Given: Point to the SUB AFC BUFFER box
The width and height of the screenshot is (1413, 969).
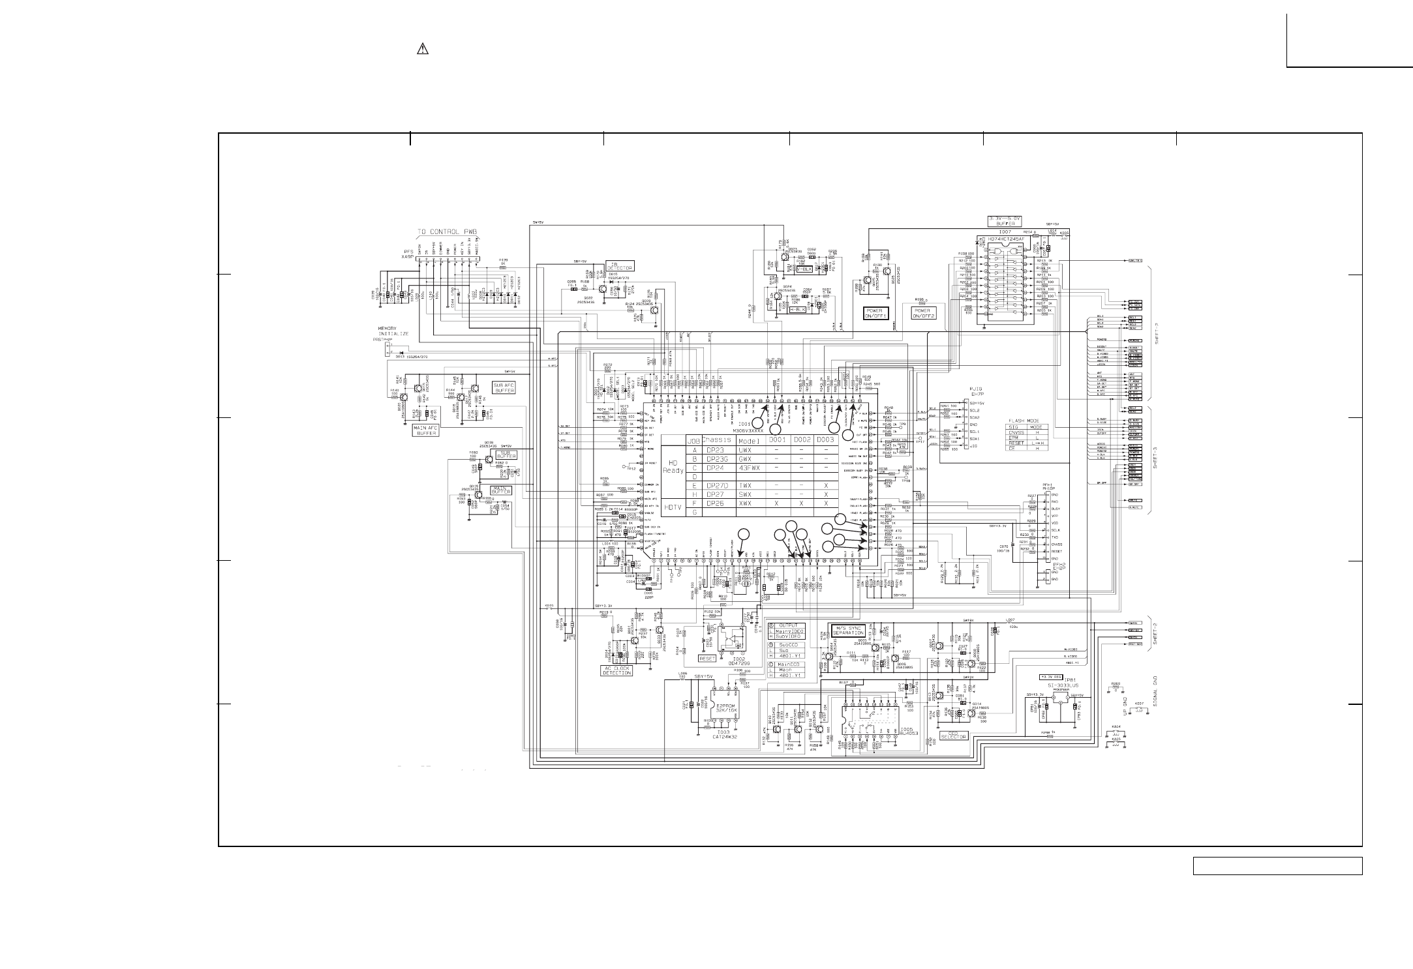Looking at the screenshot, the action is click(x=505, y=389).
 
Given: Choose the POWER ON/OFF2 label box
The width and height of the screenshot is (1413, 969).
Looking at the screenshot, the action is click(x=924, y=313).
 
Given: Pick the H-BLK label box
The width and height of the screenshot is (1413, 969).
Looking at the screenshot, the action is click(x=798, y=309).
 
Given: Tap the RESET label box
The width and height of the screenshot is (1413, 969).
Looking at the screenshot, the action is click(x=707, y=658).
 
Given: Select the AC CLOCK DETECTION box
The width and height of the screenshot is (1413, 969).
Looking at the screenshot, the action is click(x=616, y=670).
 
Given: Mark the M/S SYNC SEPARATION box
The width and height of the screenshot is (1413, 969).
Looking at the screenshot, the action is click(x=847, y=631).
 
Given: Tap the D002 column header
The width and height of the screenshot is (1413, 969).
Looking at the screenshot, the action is click(x=802, y=440).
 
